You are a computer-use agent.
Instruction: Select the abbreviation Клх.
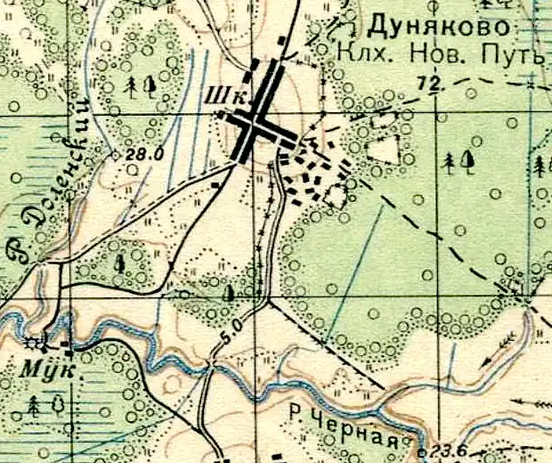tap(360, 56)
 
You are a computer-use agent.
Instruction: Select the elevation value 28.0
tap(145, 154)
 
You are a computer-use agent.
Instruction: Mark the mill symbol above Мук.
tap(37, 342)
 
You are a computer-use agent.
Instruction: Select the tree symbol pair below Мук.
tap(45, 406)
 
